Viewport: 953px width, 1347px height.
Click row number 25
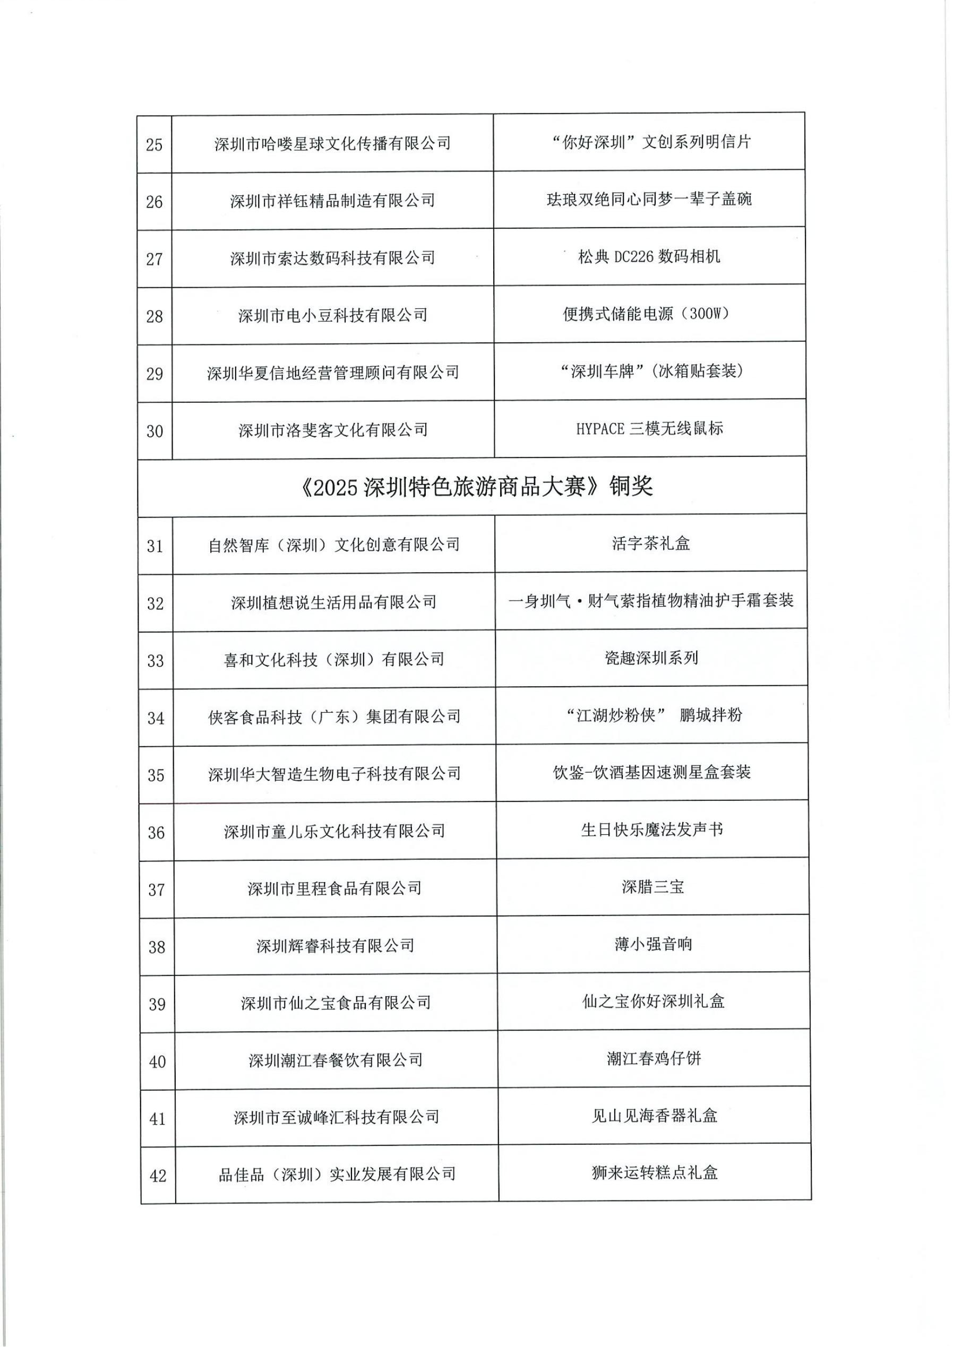154,144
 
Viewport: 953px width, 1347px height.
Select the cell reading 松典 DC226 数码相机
649,256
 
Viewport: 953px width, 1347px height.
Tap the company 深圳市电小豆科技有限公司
333,316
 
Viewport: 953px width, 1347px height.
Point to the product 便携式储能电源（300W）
649,313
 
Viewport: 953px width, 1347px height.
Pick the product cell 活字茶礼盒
651,543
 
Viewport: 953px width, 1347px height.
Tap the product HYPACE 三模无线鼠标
650,428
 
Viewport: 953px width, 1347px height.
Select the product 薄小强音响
653,944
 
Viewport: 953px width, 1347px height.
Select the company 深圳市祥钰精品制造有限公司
332,201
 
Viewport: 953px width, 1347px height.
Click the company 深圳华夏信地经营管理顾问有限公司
333,373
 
